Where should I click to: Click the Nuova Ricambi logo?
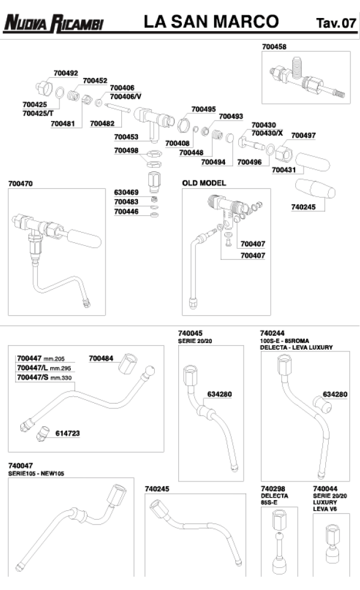pos(54,24)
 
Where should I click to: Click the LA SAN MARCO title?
pos(211,22)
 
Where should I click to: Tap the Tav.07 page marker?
pos(335,24)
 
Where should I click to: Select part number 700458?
pos(274,46)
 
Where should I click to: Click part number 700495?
pos(203,109)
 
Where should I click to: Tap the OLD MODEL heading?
pos(204,182)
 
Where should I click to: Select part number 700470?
pos(21,182)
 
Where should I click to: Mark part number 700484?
pos(101,359)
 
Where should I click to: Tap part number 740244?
pos(272,333)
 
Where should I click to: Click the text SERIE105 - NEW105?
pos(36,474)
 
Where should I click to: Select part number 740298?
pos(272,489)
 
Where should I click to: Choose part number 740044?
pos(325,489)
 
